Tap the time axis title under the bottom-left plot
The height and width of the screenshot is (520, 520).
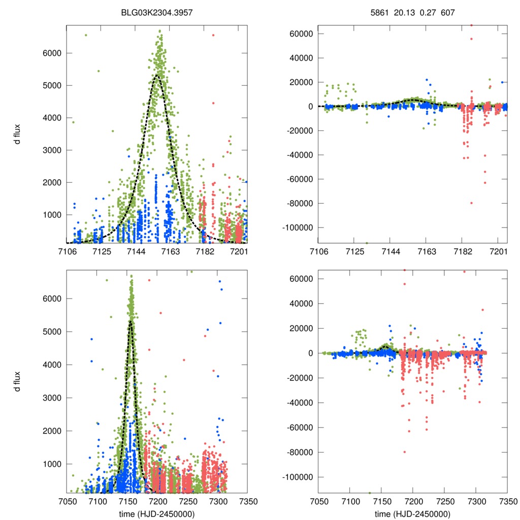[157, 513]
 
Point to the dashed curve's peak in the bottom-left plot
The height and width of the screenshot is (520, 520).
[131, 321]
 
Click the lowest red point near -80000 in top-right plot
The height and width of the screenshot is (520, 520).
[471, 203]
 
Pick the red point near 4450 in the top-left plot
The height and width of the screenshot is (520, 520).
[213, 103]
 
